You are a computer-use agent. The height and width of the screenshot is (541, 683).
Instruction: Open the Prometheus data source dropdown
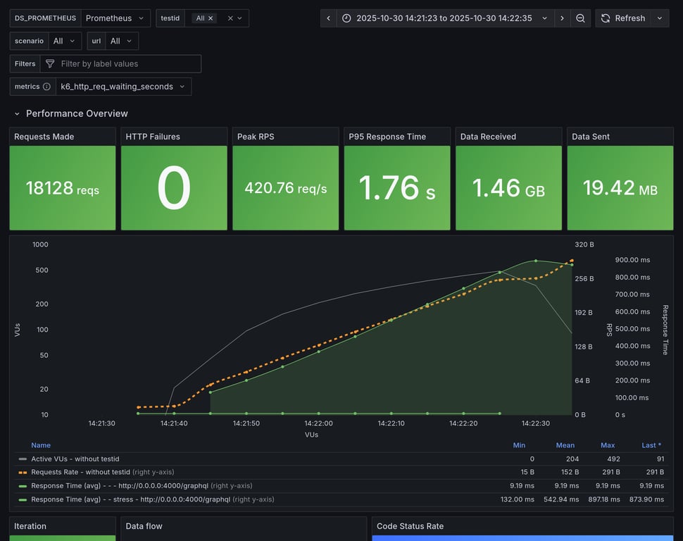tap(115, 18)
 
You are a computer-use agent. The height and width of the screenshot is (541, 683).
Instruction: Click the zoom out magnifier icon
tap(580, 18)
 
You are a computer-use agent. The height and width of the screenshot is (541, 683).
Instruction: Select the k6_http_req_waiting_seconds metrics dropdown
tap(123, 87)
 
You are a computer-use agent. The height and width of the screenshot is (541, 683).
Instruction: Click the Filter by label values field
tap(127, 63)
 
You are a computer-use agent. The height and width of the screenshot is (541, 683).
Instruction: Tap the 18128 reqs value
tap(63, 188)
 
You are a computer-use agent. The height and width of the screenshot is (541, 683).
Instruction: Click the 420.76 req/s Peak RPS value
tap(285, 188)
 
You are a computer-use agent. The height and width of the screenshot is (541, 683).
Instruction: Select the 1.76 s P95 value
tap(396, 188)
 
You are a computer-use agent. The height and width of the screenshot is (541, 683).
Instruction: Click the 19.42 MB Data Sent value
tap(620, 188)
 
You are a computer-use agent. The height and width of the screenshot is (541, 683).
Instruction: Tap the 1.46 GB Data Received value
tap(508, 188)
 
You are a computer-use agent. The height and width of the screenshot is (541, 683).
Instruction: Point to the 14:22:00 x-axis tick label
tap(319, 423)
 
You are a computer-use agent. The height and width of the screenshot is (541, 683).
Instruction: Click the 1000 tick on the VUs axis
tap(40, 244)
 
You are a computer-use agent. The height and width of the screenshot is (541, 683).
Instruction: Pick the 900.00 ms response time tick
tap(632, 260)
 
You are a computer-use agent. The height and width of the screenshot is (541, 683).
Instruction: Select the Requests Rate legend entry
tap(81, 472)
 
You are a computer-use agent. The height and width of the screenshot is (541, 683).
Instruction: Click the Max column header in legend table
tap(608, 445)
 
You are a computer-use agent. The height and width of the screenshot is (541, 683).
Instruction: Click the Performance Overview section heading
tap(77, 113)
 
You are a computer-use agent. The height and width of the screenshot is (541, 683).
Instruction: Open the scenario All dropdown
tap(65, 41)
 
